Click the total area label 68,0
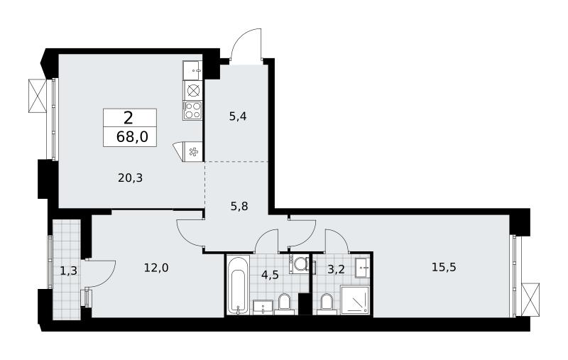(x=132, y=137)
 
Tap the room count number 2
(x=129, y=118)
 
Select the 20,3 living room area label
(x=130, y=178)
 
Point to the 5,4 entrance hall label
(x=238, y=116)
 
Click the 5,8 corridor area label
(x=239, y=207)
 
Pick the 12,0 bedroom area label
(x=156, y=268)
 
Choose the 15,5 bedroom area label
(x=444, y=267)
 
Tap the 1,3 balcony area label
(x=68, y=271)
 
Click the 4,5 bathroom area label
(x=270, y=275)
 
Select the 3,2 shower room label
(x=335, y=271)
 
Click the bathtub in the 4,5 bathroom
(x=239, y=285)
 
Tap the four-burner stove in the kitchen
(x=192, y=110)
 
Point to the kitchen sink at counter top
(x=192, y=70)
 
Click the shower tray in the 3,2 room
(x=355, y=300)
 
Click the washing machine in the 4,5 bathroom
(x=299, y=264)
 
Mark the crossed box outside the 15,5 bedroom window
(x=530, y=300)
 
